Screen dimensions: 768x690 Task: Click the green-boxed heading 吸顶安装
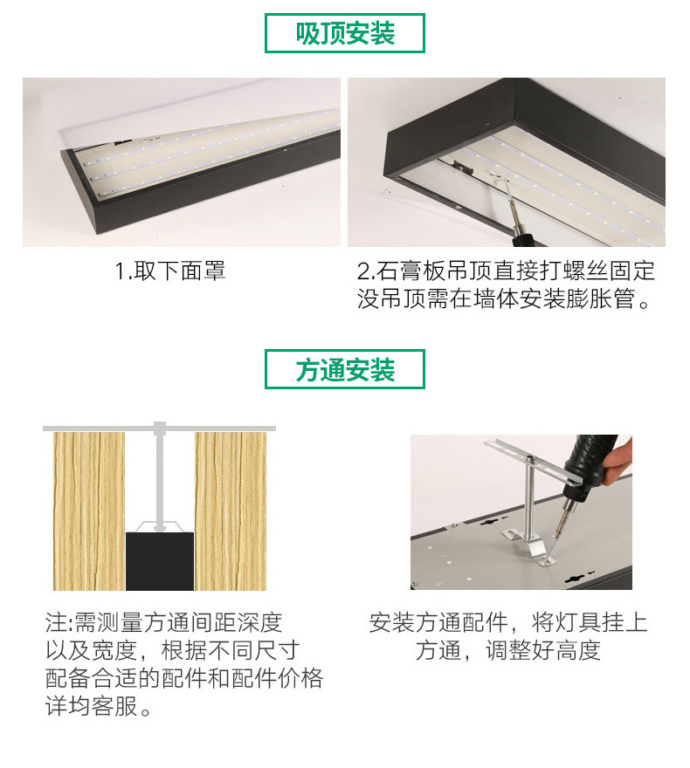pyautogui.click(x=345, y=34)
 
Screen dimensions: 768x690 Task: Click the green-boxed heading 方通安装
pyautogui.click(x=345, y=370)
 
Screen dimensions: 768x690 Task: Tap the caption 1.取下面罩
pyautogui.click(x=171, y=271)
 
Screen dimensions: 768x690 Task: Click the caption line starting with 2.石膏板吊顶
pyautogui.click(x=506, y=271)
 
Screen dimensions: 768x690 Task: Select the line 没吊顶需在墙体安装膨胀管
pyautogui.click(x=506, y=300)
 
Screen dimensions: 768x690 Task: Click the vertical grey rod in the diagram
pyautogui.click(x=159, y=480)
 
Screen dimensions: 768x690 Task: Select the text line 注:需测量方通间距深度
pyautogui.click(x=164, y=622)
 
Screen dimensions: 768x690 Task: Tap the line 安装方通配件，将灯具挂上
pyautogui.click(x=508, y=622)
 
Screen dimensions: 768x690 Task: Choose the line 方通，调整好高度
pyautogui.click(x=508, y=651)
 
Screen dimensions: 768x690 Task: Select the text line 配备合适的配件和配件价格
pyautogui.click(x=184, y=678)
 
